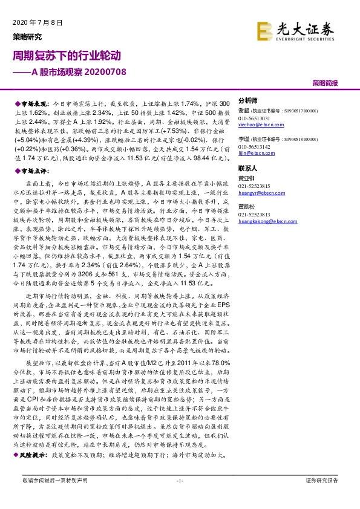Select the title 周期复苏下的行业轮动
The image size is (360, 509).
67,56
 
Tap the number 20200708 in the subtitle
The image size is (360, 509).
106,71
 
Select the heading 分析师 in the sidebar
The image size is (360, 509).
248,100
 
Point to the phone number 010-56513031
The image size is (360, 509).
255,118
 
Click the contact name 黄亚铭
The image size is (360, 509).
246,179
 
